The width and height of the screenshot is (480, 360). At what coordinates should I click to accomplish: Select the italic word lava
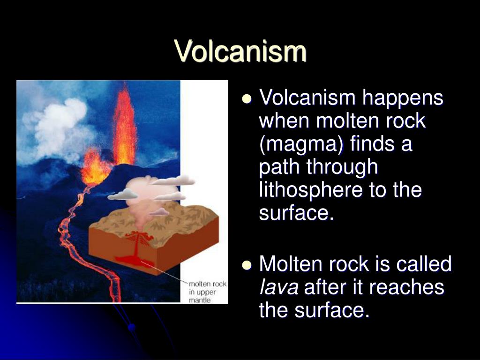[278, 287]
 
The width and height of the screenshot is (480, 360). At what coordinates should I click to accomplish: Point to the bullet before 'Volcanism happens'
[247, 99]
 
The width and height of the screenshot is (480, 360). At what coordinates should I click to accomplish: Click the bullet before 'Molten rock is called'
[247, 265]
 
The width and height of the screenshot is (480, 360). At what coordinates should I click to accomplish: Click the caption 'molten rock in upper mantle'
[208, 292]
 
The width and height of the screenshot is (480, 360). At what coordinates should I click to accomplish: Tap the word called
[424, 263]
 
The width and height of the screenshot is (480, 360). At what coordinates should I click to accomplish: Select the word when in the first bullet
[285, 120]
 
